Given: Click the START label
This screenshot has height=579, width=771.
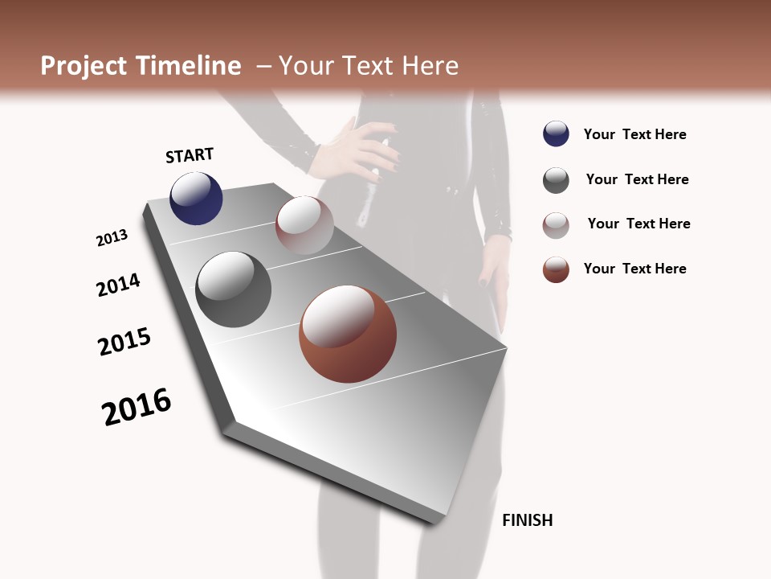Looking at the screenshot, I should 190,155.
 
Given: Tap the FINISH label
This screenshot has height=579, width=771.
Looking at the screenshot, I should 528,520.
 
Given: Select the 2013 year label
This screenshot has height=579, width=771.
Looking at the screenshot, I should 112,238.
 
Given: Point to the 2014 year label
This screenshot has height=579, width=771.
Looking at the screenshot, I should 118,285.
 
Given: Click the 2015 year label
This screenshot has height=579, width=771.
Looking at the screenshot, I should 124,342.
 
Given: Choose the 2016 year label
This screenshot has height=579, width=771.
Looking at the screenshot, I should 137,407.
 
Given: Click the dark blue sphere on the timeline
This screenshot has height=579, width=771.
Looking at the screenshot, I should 196,198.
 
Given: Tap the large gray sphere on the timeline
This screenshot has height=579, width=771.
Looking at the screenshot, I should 233,289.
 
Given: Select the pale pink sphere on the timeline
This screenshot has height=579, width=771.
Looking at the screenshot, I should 304,224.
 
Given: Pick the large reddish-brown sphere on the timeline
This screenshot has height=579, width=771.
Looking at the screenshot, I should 348,334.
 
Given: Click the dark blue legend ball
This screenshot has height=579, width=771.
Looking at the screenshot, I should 556,134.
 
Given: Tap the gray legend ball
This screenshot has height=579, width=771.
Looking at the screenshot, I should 556,180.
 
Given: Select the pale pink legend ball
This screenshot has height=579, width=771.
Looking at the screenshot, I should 556,225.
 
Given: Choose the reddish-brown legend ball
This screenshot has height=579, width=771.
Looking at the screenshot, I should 556,269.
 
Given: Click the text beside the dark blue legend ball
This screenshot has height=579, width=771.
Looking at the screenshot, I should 635,135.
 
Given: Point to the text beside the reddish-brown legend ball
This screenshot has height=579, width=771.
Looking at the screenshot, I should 635,269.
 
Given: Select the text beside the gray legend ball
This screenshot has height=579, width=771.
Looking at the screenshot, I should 638,179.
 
